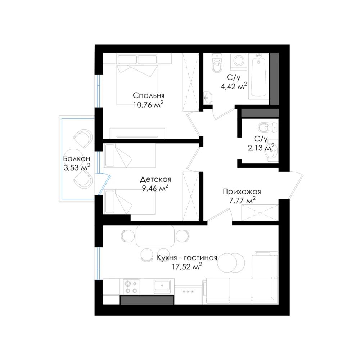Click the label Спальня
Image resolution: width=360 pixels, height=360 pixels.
149,95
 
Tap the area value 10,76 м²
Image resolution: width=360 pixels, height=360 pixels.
148,104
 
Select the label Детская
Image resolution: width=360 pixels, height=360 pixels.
155,179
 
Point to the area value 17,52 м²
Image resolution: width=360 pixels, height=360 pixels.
187,266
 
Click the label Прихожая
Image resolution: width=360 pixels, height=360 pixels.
242,192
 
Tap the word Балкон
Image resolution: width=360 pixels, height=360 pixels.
77,159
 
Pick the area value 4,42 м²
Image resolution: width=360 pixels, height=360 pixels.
234,86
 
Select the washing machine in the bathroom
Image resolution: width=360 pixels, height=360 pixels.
239,62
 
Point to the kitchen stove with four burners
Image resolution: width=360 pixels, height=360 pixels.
131,287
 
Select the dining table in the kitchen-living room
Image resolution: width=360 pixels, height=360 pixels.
155,236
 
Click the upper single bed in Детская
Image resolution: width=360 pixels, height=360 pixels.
129,156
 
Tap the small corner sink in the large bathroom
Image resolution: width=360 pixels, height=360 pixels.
208,97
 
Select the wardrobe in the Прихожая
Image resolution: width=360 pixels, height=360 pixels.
260,212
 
